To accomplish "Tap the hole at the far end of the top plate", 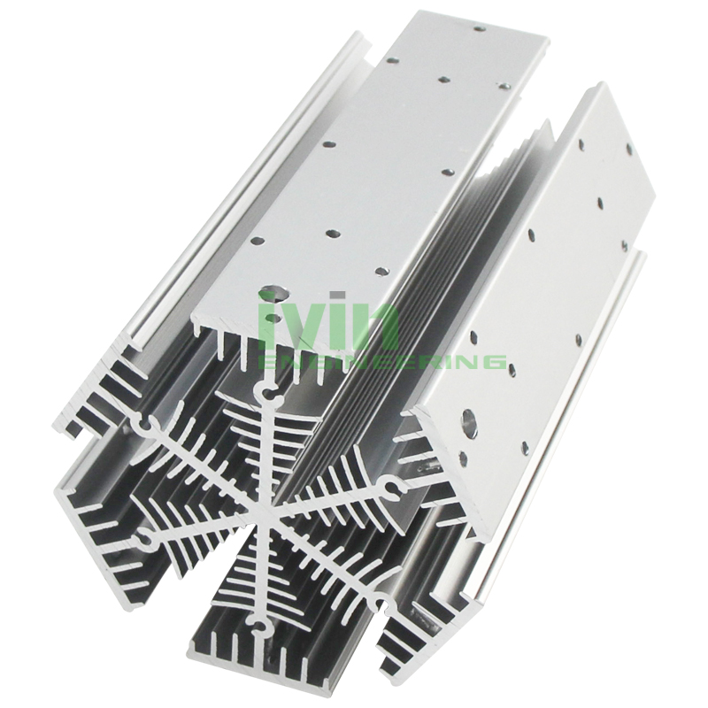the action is click(479, 30).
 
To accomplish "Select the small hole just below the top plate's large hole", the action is click(272, 319).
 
